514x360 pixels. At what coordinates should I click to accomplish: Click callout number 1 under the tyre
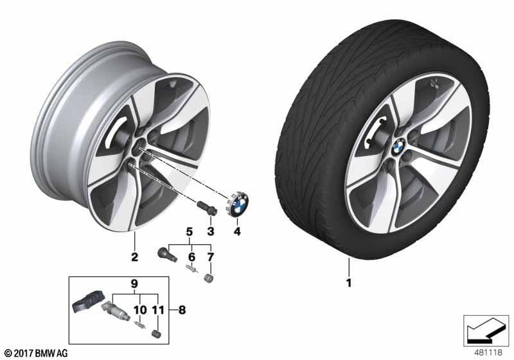[349, 283]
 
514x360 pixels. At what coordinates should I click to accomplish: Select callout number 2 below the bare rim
[134, 257]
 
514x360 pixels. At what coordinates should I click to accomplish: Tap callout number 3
[211, 231]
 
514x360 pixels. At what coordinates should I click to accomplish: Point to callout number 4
[237, 231]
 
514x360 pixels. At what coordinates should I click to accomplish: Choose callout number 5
[190, 232]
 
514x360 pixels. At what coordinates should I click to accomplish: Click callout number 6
[191, 256]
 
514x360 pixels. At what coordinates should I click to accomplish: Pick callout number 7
[211, 256]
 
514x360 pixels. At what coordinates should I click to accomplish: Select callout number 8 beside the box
[182, 309]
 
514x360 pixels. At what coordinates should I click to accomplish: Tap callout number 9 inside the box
[134, 283]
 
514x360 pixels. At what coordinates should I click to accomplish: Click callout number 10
[140, 309]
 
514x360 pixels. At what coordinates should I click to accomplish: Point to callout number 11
[158, 309]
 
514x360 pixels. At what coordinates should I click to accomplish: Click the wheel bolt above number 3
[207, 208]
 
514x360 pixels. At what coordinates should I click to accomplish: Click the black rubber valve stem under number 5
[167, 255]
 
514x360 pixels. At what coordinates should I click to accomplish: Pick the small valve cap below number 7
[208, 278]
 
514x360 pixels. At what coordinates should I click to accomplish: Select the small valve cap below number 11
[157, 334]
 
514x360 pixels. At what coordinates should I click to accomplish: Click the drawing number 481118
[488, 352]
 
